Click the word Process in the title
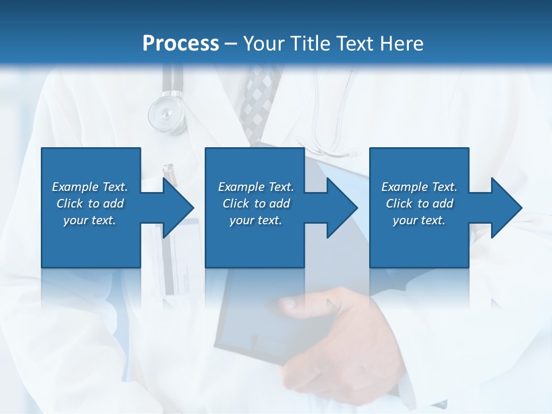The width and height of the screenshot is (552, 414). tap(181, 43)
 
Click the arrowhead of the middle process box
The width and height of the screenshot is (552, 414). tap(341, 208)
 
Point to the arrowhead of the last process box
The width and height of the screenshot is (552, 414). tap(505, 208)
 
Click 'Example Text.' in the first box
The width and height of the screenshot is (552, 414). tap(90, 187)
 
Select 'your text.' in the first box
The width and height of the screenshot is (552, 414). tap(90, 220)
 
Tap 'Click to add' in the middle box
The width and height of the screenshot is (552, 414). tap(256, 204)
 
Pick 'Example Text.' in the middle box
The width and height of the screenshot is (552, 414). tap(256, 187)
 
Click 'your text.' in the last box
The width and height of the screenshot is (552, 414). tap(419, 220)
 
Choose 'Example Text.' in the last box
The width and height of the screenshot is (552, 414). tap(419, 187)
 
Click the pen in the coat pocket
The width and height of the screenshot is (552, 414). tap(168, 171)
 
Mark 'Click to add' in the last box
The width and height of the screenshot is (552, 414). tap(419, 204)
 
